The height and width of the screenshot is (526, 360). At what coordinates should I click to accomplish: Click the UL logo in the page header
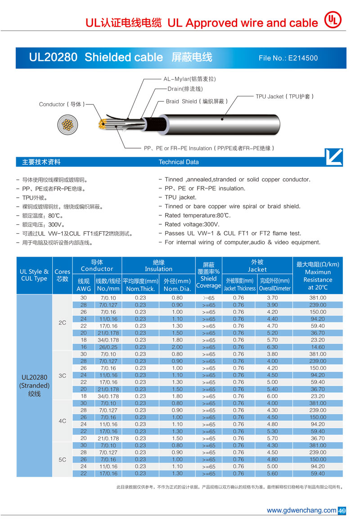pyautogui.click(x=333, y=20)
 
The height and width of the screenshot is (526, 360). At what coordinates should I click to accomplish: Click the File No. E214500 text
pyautogui.click(x=288, y=58)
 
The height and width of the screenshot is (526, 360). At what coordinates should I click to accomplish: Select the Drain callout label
pyautogui.click(x=185, y=89)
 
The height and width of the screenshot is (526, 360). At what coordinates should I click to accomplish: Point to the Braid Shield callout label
pyautogui.click(x=197, y=101)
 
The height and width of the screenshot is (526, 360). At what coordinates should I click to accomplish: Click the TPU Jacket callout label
pyautogui.click(x=284, y=96)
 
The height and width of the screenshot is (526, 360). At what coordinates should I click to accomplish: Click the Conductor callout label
pyautogui.click(x=62, y=104)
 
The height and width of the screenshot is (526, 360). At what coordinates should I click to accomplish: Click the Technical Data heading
pyautogui.click(x=178, y=162)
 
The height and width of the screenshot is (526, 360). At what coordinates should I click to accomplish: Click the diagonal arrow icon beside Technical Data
pyautogui.click(x=333, y=157)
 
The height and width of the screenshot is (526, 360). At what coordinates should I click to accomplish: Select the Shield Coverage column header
pyautogui.click(x=208, y=275)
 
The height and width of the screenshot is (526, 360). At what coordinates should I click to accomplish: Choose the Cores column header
pyautogui.click(x=62, y=275)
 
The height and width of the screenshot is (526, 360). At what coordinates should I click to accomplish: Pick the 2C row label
pyautogui.click(x=62, y=322)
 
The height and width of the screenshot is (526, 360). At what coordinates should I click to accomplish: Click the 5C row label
pyautogui.click(x=62, y=459)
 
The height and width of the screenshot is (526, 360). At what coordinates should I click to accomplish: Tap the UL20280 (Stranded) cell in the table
pyautogui.click(x=34, y=385)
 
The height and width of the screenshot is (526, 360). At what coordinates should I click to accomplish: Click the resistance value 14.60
pyautogui.click(x=318, y=347)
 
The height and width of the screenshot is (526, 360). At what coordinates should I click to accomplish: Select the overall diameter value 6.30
pyautogui.click(x=272, y=347)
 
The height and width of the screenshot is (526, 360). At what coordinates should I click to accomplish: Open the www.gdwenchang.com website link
pyautogui.click(x=301, y=510)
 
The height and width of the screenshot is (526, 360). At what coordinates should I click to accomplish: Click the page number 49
pyautogui.click(x=342, y=511)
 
